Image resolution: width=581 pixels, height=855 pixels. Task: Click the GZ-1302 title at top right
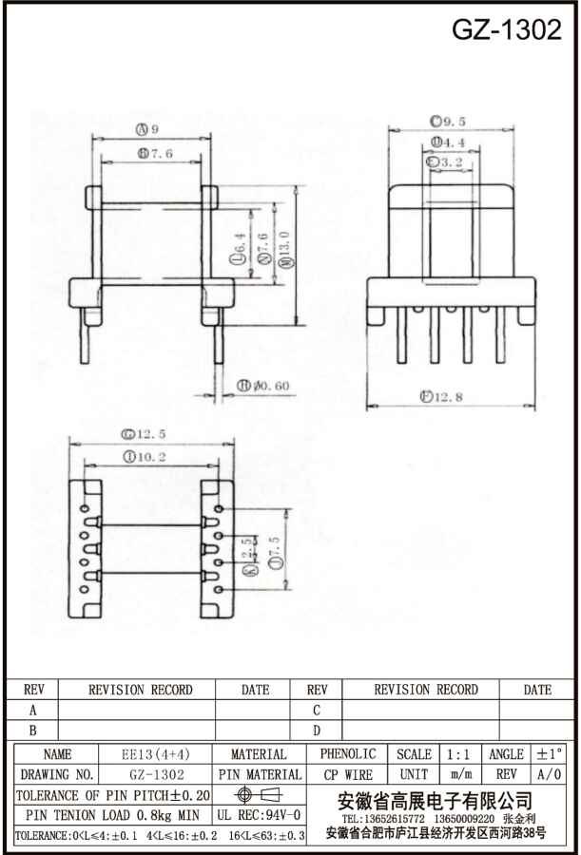click(506, 29)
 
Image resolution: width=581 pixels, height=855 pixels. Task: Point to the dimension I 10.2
click(145, 456)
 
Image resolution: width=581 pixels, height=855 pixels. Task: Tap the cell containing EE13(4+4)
click(156, 754)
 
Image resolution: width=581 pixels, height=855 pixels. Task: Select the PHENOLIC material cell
click(347, 754)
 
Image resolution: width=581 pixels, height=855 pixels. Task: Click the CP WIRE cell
click(347, 775)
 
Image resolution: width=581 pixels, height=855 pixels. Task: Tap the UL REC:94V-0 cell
click(259, 815)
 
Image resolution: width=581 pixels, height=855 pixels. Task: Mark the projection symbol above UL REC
click(259, 794)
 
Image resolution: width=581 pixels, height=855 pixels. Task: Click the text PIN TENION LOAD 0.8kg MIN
click(112, 815)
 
